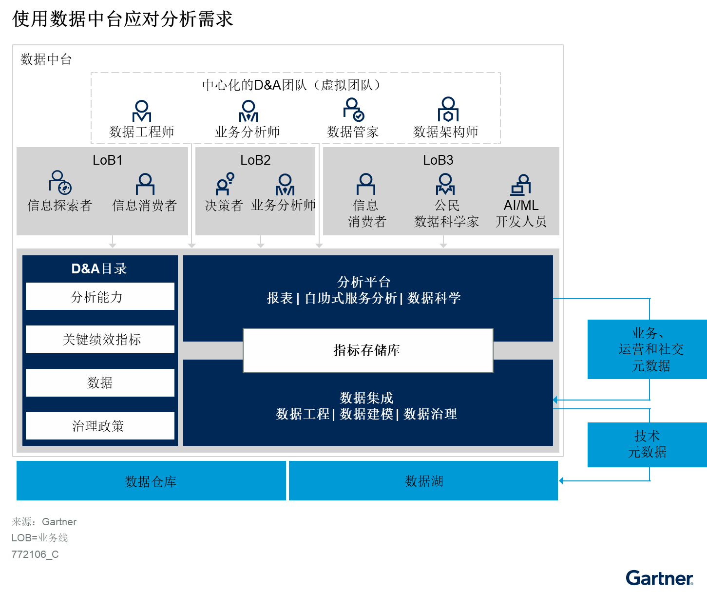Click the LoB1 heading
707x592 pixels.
108,160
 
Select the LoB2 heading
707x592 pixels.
255,160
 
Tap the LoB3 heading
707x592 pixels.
438,160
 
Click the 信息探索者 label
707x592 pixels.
59,206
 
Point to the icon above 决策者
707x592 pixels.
225,184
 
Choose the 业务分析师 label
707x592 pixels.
284,205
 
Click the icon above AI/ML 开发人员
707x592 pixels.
521,185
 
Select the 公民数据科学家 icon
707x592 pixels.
445,184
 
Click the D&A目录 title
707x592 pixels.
99,268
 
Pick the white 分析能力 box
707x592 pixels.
100,296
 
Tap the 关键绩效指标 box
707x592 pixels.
100,339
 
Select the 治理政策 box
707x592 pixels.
100,426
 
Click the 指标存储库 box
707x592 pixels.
368,350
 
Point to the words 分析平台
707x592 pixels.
363,282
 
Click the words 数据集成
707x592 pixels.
366,398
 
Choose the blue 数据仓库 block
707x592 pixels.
151,481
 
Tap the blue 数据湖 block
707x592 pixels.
423,481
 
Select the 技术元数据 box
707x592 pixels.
647,444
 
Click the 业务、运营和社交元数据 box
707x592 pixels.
647,349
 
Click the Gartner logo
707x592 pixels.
659,578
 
